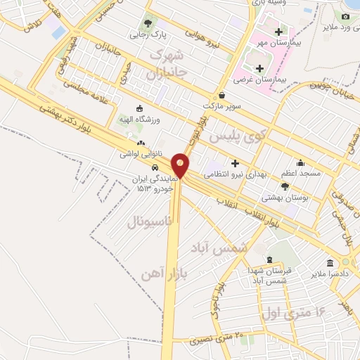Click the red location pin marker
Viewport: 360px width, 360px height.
point(181,165)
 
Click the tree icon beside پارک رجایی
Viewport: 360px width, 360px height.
point(148,23)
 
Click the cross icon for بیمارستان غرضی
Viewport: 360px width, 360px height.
point(260,68)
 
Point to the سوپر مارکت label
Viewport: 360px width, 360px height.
point(222,105)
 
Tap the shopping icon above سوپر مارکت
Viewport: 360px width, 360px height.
point(222,95)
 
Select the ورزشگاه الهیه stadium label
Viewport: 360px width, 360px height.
point(139,119)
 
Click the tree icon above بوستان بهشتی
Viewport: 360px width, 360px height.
point(285,186)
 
